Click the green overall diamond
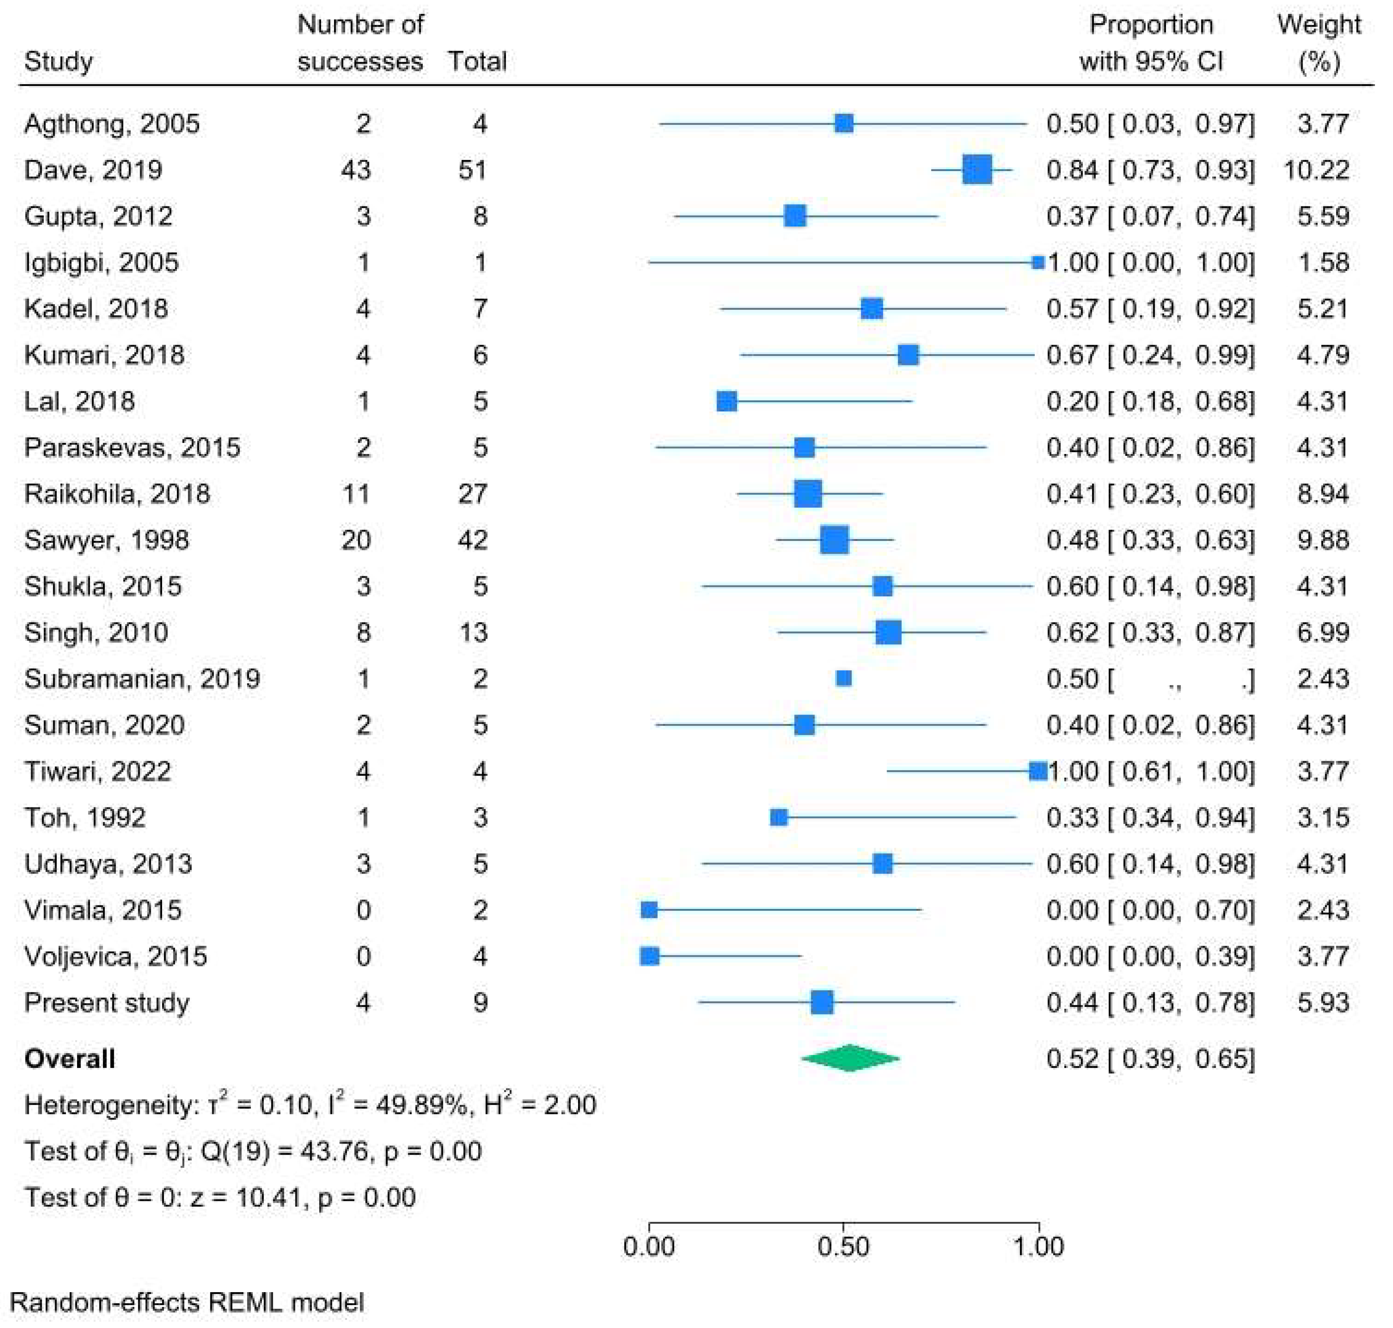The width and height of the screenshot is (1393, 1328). tap(850, 1058)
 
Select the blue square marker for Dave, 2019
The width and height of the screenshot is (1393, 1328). tap(977, 170)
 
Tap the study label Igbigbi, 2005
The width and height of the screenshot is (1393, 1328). tap(101, 263)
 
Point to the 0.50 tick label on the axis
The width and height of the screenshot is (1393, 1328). tap(843, 1246)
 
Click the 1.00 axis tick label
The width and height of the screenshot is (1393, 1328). tap(1038, 1246)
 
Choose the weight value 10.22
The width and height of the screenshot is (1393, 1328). tap(1316, 170)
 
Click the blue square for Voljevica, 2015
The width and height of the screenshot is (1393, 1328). tap(650, 956)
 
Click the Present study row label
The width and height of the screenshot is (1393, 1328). tap(107, 1002)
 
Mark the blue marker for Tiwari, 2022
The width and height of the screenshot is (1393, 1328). tap(1037, 771)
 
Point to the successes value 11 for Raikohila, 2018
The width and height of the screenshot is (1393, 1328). tap(356, 493)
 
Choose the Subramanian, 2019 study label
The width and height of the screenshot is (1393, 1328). tap(141, 679)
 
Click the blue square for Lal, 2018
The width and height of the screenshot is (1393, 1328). tap(726, 401)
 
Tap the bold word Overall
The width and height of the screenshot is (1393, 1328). tap(69, 1058)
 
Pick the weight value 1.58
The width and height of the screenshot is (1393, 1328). tap(1323, 263)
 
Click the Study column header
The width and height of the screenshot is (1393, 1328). tap(58, 62)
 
